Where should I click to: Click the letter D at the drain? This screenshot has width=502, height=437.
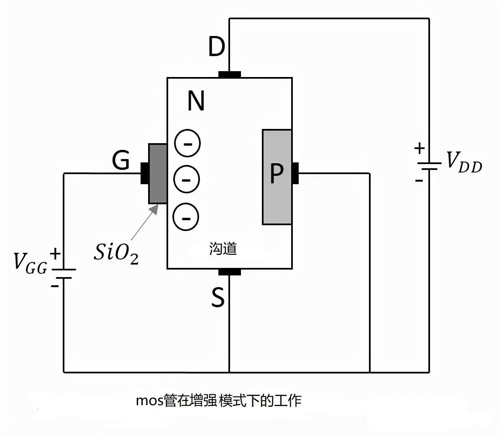pos(217,47)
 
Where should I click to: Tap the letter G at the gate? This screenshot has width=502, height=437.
pos(121,160)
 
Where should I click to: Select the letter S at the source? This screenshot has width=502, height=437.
pos(218,298)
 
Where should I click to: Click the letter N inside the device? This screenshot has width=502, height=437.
pos(196,101)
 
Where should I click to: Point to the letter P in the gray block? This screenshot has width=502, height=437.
pos(277,174)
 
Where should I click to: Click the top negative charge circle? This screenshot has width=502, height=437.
pos(187,143)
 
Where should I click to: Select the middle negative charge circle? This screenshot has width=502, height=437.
pos(187,180)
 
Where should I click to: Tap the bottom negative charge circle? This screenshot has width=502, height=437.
pos(186,217)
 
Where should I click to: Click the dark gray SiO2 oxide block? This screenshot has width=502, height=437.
pos(158,174)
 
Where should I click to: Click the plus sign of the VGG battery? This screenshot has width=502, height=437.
pos(55,254)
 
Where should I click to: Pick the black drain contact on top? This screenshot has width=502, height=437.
pos(230,75)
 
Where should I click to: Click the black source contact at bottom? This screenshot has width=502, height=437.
pos(230,272)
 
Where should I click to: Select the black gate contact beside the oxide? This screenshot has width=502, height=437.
pos(145,173)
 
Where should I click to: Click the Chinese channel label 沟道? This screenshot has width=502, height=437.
pos(223,249)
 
